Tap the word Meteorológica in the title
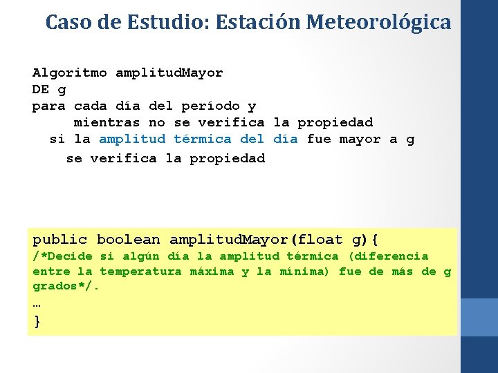point(378,22)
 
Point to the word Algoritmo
point(70,73)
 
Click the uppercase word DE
point(41,89)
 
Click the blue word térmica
point(203,139)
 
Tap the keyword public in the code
point(62,240)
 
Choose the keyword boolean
point(129,240)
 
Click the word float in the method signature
point(322,240)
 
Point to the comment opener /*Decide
point(62,256)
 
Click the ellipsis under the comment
point(37,303)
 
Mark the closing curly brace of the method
point(37,321)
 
